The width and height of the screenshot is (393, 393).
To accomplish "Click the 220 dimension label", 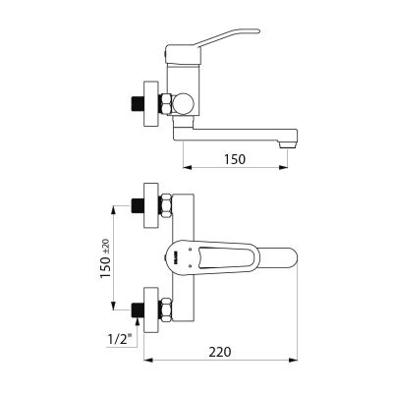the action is (x=220, y=352).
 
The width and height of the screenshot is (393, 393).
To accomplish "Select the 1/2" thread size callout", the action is (x=118, y=338).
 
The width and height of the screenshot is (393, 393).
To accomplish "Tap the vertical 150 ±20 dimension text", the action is (x=105, y=258).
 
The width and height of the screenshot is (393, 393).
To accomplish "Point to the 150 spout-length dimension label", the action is (x=235, y=159).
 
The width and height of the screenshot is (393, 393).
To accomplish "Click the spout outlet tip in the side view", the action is (x=288, y=144).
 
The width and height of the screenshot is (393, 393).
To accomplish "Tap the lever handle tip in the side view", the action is (x=257, y=31).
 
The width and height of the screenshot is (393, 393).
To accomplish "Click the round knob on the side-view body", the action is (x=184, y=103).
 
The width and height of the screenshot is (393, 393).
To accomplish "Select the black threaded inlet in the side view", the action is (x=138, y=104).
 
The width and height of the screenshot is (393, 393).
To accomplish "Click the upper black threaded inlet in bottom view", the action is (x=138, y=205).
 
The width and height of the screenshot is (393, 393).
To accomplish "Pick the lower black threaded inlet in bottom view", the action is (x=138, y=309).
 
